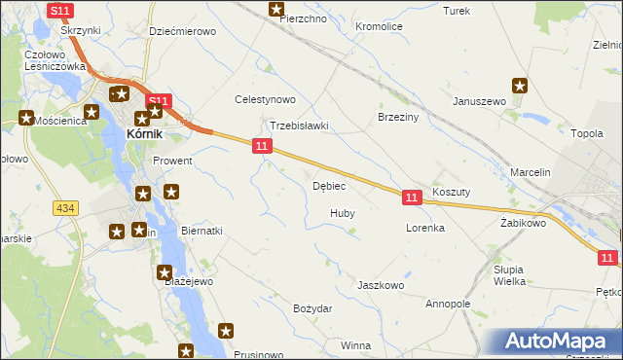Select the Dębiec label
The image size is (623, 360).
(x=329, y=186)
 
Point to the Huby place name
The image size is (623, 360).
(x=342, y=212)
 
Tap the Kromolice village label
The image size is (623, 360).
(x=379, y=27)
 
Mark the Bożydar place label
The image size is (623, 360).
(x=312, y=308)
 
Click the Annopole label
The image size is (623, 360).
(x=448, y=304)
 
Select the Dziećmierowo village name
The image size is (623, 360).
(x=182, y=31)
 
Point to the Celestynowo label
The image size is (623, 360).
(x=265, y=99)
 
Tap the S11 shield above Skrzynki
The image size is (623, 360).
(x=59, y=11)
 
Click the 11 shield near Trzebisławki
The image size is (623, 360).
(x=261, y=146)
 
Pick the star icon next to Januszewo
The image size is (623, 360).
(x=521, y=85)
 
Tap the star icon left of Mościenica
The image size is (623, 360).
(x=26, y=118)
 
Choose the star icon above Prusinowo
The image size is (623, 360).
(x=227, y=330)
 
